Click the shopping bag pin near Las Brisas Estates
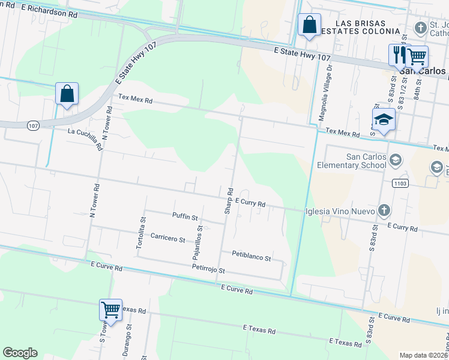(309, 26)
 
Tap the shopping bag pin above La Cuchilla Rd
(67, 94)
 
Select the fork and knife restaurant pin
(399, 55)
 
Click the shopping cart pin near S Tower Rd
(110, 310)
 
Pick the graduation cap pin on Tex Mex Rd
(384, 120)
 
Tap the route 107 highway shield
(34, 125)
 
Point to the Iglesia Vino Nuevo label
(340, 211)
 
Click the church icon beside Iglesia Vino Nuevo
(384, 211)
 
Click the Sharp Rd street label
(229, 200)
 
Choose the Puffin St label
(184, 216)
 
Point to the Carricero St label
(167, 238)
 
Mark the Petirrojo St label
(208, 271)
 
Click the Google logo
(20, 353)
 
